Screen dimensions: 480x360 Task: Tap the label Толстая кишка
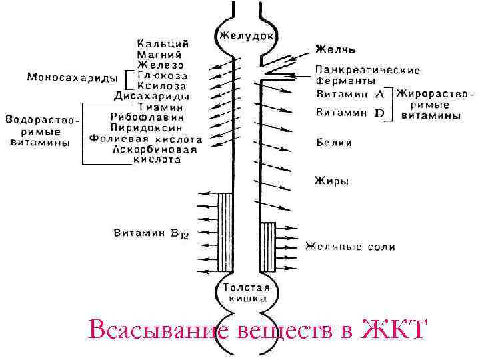click(x=246, y=294)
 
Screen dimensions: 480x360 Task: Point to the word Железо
click(x=160, y=65)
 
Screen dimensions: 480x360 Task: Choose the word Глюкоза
click(x=162, y=75)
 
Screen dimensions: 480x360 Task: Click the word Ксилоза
click(x=162, y=86)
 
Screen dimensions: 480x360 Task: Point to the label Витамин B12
click(x=152, y=233)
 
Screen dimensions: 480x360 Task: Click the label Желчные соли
click(x=350, y=247)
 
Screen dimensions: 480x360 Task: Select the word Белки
click(x=334, y=143)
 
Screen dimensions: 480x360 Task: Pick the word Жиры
click(x=331, y=180)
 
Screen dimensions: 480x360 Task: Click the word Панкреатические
click(x=367, y=69)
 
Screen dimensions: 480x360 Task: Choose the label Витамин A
click(x=349, y=95)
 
